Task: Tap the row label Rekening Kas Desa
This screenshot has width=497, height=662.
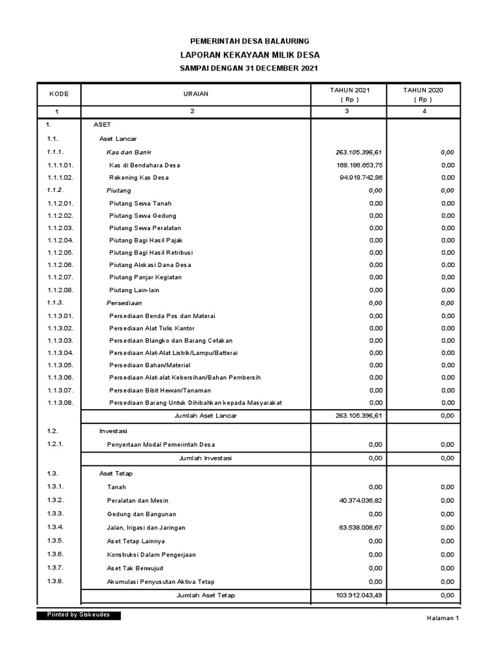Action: (139, 178)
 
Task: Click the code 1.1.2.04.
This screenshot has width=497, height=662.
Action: (60, 240)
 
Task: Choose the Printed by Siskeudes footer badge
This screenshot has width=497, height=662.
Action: (78, 615)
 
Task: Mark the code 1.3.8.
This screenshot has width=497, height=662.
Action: (55, 581)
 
